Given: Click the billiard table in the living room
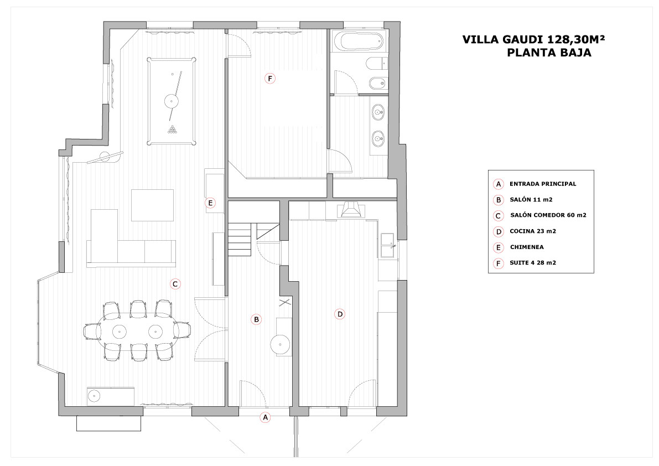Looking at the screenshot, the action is coord(172,101).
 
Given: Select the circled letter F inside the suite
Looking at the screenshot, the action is coord(270,79).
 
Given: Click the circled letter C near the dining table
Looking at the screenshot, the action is coord(175,284).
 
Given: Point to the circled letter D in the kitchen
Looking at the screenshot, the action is coord(340,314).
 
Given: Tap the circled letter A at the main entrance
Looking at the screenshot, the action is coord(265,418).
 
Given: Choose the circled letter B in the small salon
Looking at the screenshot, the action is coord(256,319).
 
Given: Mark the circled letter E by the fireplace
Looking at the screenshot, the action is coord(210,203).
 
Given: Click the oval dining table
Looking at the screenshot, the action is coord(138,331).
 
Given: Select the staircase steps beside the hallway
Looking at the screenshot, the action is coord(239,240).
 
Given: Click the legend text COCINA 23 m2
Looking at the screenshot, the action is coord(533,231).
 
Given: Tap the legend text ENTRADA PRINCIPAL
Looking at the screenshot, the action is coord(543,184).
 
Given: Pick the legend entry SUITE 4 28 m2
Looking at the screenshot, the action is coord(532,263).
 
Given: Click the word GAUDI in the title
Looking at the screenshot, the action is coord(524,39).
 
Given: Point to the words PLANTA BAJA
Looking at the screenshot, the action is coord(549,53).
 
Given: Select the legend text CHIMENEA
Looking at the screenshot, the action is coord(527,247).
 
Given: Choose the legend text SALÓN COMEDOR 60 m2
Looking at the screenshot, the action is coord(548,215).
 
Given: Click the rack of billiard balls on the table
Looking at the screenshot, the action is coord(172,130).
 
